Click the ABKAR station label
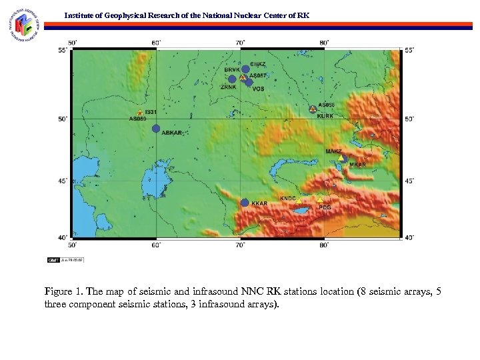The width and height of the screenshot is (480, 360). [x=171, y=133]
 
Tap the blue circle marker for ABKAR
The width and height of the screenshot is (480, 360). [x=156, y=128]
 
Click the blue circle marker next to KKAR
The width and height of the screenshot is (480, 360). [x=245, y=202]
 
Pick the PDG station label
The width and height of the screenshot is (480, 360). [x=325, y=207]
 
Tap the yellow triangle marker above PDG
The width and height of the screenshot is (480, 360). [x=320, y=199]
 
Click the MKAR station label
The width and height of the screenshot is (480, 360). [x=357, y=164]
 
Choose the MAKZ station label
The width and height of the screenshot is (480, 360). [x=333, y=152]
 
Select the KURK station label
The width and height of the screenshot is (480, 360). [x=325, y=116]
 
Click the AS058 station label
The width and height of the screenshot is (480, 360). [x=326, y=105]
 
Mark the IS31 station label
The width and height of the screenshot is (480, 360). [x=151, y=112]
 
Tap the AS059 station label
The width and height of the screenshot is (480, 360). [x=137, y=119]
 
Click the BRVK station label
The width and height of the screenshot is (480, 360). [x=231, y=70]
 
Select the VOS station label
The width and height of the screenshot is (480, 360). [x=258, y=89]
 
